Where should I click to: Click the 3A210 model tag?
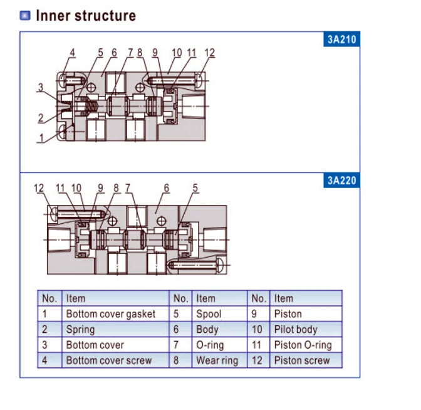tap(341, 39)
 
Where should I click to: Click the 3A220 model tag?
tap(341, 181)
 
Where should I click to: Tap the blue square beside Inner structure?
tap(25, 15)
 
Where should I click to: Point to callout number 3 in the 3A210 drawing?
tap(41, 87)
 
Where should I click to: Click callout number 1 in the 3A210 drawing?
tap(41, 138)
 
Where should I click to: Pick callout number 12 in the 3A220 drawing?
tap(39, 188)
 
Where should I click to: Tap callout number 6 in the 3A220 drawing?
tap(167, 188)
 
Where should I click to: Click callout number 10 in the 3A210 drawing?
tap(177, 53)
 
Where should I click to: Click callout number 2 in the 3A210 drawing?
tap(41, 118)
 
